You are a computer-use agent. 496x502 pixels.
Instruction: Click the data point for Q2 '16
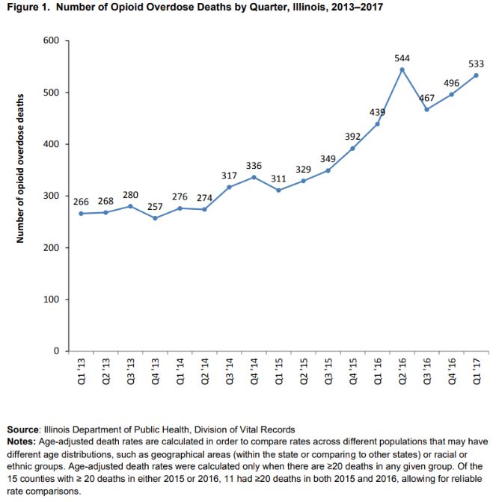(x=402, y=69)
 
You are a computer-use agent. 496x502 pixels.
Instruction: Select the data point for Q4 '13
(x=155, y=218)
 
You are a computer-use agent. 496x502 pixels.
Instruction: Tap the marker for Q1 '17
(x=476, y=75)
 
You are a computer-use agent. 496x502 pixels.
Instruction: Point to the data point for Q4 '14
(x=254, y=177)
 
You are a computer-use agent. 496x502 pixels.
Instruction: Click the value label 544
(x=402, y=58)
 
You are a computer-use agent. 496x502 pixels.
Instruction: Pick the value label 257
(x=155, y=207)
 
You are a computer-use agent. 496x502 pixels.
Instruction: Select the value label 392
(x=352, y=137)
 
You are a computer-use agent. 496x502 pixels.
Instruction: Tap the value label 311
(x=278, y=179)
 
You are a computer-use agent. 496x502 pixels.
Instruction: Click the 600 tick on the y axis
(x=52, y=40)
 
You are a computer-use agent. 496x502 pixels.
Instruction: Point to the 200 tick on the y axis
(x=52, y=247)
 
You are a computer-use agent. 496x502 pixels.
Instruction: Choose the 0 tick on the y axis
(x=56, y=351)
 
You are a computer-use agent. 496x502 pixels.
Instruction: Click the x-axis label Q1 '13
(x=82, y=371)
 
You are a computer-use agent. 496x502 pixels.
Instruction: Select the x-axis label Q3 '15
(x=328, y=371)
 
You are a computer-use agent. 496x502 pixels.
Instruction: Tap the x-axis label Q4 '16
(x=452, y=371)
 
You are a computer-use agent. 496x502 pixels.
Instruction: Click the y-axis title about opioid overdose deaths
(x=20, y=168)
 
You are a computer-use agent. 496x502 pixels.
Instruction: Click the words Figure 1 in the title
(x=28, y=7)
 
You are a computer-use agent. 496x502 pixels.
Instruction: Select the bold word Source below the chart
(x=22, y=430)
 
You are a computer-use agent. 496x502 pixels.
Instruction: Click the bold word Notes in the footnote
(x=21, y=441)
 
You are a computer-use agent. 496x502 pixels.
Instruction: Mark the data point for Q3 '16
(x=426, y=110)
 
